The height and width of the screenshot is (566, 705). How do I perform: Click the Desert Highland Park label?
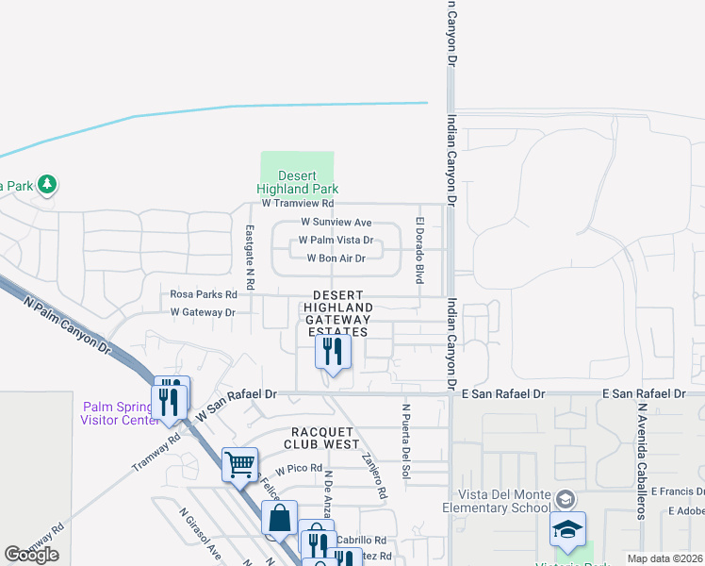[297, 182]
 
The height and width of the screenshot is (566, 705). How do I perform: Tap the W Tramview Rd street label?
[298, 203]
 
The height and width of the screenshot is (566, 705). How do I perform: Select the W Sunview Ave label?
[336, 222]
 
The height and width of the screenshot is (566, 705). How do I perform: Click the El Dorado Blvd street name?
[418, 250]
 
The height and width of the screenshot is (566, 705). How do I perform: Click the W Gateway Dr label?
[202, 312]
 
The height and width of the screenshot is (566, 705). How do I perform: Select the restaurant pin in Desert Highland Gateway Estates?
[333, 353]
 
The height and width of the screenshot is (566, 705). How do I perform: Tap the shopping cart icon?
[239, 464]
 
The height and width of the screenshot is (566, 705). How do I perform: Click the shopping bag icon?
[280, 519]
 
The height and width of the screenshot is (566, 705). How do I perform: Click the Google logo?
[31, 555]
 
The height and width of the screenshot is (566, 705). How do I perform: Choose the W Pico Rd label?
[299, 468]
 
